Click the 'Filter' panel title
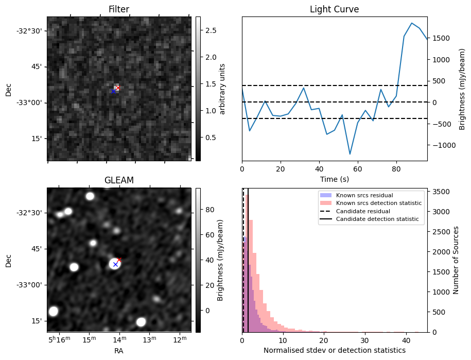119,9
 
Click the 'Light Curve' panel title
334,9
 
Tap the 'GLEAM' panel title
119,180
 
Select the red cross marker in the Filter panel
118,88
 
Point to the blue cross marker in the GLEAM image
115,264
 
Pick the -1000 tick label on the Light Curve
446,145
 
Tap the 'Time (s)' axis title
334,178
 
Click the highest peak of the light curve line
412,23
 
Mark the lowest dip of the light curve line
350,154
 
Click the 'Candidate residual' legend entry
363,211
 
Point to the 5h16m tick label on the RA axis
58,340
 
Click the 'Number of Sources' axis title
456,260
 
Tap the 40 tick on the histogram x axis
406,340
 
